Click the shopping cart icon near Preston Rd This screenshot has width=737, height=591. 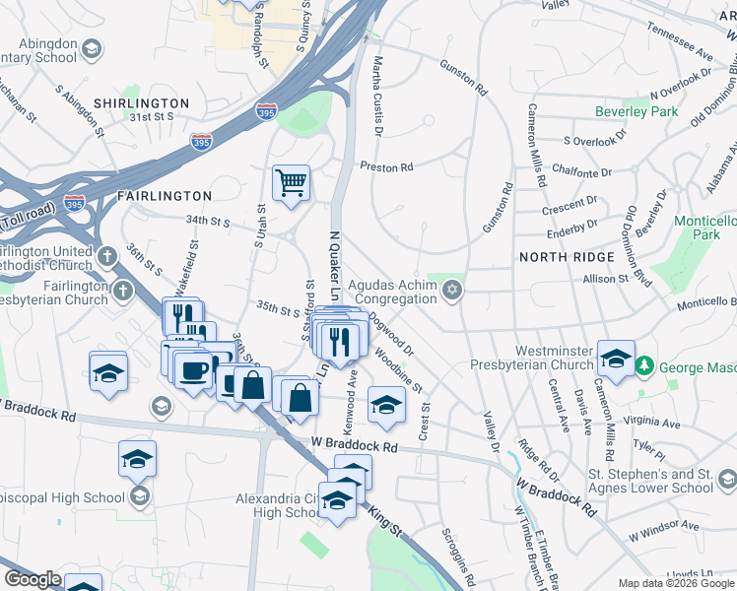(x=292, y=182)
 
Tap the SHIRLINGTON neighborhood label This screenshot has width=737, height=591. (x=141, y=103)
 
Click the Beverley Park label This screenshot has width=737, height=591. (x=636, y=111)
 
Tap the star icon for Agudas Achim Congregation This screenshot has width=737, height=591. (x=453, y=289)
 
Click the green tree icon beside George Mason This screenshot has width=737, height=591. (x=644, y=366)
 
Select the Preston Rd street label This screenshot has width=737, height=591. (x=386, y=167)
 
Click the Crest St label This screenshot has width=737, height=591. (x=425, y=421)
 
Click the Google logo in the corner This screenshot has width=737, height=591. (x=33, y=579)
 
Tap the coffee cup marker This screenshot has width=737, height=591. (x=192, y=371)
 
